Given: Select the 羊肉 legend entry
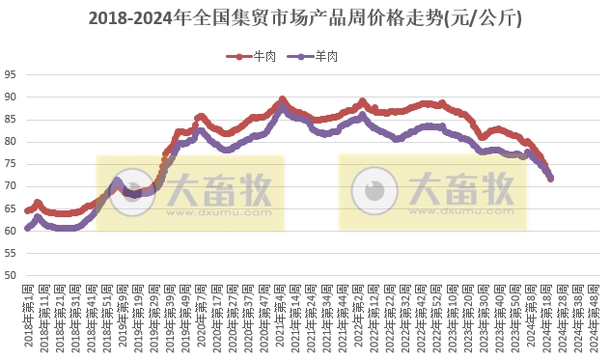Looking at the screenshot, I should pyautogui.click(x=319, y=56).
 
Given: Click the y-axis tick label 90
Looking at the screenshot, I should pyautogui.click(x=10, y=97).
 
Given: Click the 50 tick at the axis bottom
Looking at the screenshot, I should pyautogui.click(x=10, y=276).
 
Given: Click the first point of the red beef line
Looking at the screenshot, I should pyautogui.click(x=28, y=209).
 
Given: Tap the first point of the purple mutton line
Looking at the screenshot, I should pyautogui.click(x=28, y=229).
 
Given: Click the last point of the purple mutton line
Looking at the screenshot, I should pyautogui.click(x=550, y=178).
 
